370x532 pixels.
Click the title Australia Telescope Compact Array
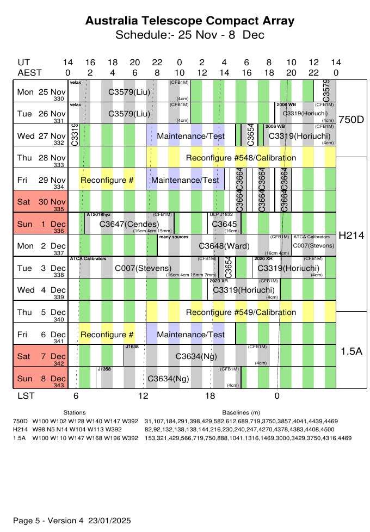[x=190, y=21]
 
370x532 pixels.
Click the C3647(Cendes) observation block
[x=129, y=224]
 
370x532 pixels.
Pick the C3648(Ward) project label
[x=224, y=246]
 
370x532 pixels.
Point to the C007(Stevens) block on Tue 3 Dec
[x=143, y=268]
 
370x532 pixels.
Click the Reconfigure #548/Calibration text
[x=241, y=158]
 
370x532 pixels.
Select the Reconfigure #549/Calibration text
[x=241, y=312]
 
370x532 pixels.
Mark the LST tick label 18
[x=210, y=397]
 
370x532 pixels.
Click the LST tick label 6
[x=76, y=397]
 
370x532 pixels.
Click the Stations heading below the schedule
[x=75, y=413]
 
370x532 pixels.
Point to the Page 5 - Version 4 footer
[x=72, y=521]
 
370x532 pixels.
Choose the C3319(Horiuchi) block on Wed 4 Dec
[x=243, y=290]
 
